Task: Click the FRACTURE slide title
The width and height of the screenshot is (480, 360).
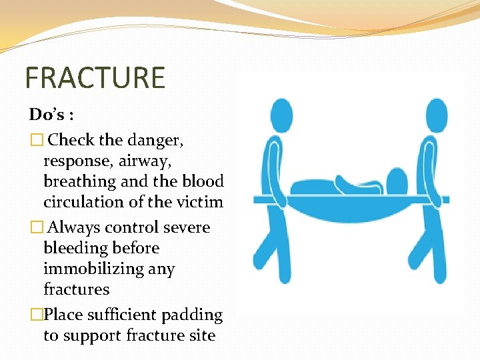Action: click(x=95, y=77)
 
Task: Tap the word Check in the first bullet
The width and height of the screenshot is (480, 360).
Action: click(x=71, y=140)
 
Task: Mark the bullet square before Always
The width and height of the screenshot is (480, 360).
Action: click(x=36, y=227)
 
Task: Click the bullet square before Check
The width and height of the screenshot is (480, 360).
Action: click(x=36, y=140)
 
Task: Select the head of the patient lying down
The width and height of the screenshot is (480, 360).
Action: click(x=397, y=181)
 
